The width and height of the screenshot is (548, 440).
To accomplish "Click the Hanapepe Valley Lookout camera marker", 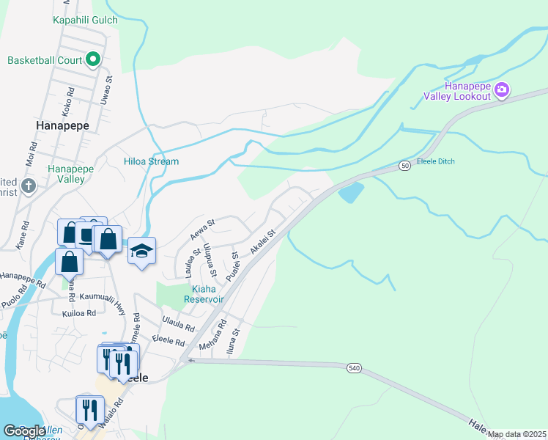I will (502, 90).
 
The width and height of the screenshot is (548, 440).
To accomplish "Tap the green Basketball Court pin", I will (93, 59).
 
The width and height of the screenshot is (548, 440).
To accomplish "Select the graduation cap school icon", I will (141, 252).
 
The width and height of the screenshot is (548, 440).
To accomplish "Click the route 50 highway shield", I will (404, 166).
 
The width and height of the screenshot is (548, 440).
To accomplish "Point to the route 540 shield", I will (355, 367).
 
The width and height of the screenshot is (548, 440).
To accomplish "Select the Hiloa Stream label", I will (151, 161).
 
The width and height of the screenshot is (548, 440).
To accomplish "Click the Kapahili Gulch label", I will (85, 20).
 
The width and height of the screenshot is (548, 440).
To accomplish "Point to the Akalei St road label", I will (262, 242).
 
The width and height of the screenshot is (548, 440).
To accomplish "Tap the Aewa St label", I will (201, 229).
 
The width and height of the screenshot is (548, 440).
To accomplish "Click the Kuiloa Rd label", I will (79, 313).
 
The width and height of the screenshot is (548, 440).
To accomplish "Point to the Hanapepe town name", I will (62, 125).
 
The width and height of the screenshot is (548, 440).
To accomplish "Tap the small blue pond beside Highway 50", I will (350, 193).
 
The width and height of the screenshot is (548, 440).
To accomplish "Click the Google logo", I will (23, 431).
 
